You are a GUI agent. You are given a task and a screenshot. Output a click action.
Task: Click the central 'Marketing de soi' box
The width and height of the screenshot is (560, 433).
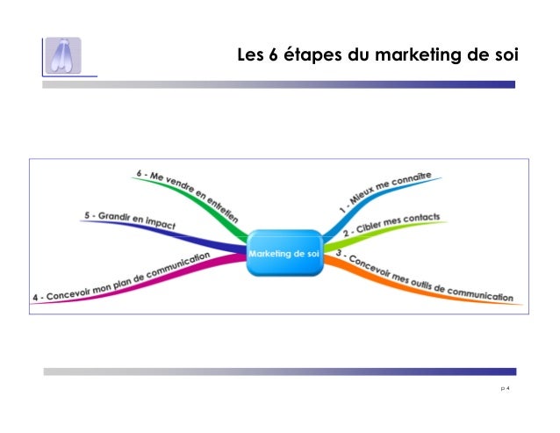[x=284, y=253]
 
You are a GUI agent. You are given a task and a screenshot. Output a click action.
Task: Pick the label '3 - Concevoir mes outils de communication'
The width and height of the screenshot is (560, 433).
[x=424, y=278]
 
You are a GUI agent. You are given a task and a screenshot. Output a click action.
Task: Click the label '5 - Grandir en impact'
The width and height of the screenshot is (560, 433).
[x=129, y=220]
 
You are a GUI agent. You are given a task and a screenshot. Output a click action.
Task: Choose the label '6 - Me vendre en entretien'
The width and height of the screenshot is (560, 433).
[x=187, y=189]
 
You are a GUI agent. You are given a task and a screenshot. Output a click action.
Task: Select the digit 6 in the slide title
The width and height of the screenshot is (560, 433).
[x=275, y=57]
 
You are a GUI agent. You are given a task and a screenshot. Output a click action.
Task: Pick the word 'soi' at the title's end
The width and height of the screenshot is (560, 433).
[x=504, y=57]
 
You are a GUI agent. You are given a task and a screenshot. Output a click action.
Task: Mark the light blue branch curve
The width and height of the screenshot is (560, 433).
[x=342, y=220]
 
